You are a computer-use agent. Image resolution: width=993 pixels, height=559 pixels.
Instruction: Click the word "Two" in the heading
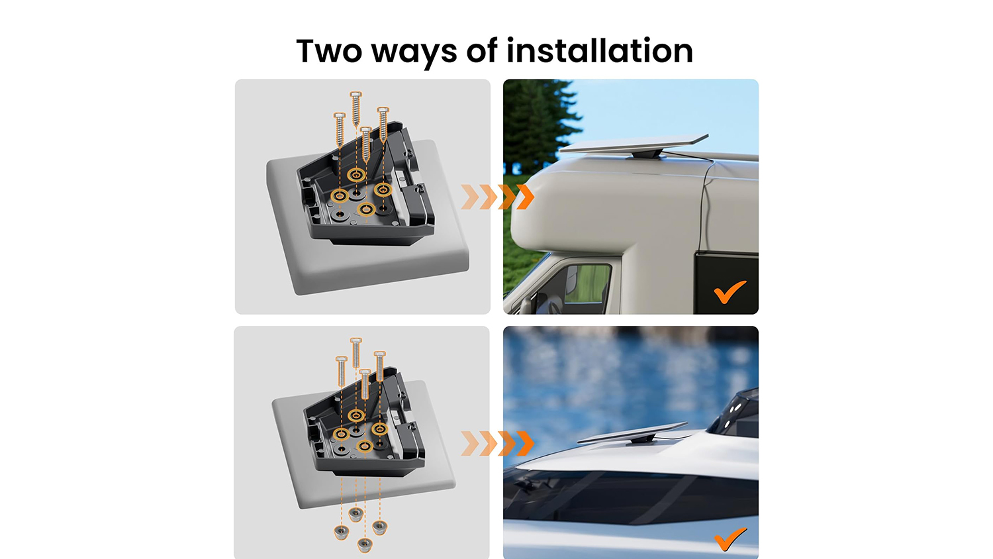click(x=328, y=51)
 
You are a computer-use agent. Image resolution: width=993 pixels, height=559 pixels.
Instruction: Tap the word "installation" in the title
click(x=599, y=50)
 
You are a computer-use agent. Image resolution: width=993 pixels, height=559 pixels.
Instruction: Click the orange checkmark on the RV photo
click(x=730, y=292)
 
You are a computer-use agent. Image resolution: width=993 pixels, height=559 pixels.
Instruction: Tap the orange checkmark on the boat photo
click(x=730, y=538)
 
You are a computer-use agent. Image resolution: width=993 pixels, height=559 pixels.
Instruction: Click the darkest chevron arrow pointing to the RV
click(x=526, y=197)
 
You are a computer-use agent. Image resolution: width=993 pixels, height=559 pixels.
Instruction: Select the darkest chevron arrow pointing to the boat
click(x=526, y=443)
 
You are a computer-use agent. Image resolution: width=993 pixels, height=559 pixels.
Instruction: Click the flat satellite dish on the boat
click(x=632, y=432)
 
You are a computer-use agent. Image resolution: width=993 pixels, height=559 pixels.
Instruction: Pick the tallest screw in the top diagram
click(x=355, y=109)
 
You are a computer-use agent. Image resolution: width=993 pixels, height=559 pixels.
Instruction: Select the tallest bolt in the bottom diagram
click(x=356, y=353)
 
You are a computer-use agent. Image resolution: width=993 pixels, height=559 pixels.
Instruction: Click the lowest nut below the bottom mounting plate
click(x=364, y=545)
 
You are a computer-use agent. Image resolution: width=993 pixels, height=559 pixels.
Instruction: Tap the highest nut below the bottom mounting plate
click(x=355, y=515)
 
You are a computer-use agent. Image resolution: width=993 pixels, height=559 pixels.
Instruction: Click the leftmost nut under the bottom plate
click(x=341, y=532)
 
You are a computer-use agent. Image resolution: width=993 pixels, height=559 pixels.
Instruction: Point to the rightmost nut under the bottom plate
click(x=380, y=528)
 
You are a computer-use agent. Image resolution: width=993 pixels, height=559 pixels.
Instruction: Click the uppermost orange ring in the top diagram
click(x=356, y=175)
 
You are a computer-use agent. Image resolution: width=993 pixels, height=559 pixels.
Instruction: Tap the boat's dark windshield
click(x=630, y=497)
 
